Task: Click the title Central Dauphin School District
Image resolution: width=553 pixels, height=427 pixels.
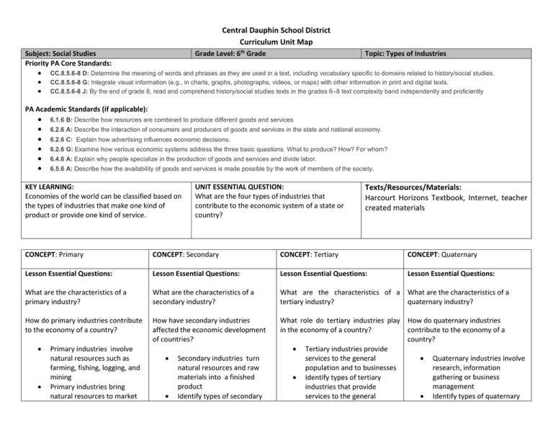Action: [x=276, y=31]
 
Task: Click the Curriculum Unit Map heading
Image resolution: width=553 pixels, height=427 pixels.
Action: [x=276, y=42]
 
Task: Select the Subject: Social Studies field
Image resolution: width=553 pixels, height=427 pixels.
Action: [x=59, y=53]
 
